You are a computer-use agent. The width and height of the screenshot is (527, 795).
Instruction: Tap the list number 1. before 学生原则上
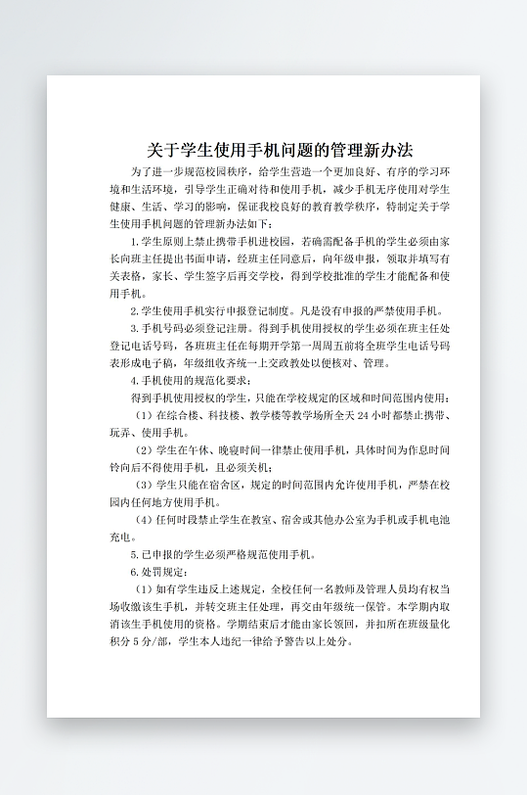coord(134,241)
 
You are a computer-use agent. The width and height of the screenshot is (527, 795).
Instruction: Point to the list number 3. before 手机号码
coord(134,329)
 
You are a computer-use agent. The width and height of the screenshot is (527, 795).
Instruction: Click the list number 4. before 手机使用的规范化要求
coord(134,381)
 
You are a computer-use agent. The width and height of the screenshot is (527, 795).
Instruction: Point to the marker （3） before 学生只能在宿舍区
coord(143,486)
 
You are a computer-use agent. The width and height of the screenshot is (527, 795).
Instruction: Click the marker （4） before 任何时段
coord(143,520)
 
